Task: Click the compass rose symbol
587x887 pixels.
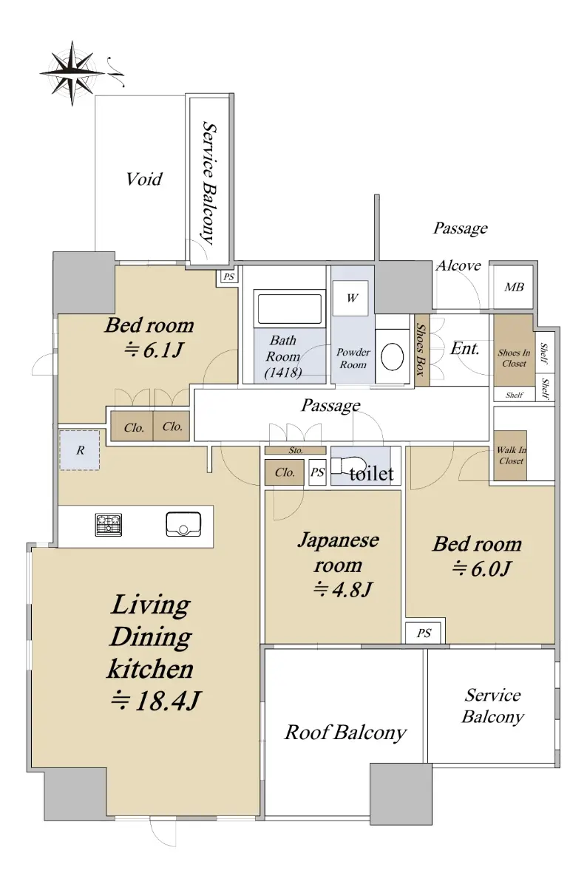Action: (72, 73)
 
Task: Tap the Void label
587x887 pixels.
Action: (144, 179)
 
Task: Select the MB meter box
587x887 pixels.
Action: (514, 287)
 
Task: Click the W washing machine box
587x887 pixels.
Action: (350, 298)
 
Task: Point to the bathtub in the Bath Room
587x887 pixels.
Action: (290, 309)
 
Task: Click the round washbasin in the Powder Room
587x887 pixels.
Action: (392, 356)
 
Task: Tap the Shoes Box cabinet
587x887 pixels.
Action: (422, 350)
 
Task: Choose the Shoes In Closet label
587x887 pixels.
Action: (514, 358)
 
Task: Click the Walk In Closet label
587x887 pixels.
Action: (511, 455)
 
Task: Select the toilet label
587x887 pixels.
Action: (372, 474)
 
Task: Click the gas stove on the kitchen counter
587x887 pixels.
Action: (109, 525)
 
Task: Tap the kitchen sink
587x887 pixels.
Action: (183, 524)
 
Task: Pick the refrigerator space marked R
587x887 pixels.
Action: (80, 450)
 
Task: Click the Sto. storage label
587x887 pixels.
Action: (296, 450)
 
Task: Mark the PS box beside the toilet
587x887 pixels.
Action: (317, 472)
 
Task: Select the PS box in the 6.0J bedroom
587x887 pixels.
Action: (424, 633)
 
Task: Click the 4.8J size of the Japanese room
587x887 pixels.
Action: (342, 590)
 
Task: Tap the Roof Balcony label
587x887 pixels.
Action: (345, 733)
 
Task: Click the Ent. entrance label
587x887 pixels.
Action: (464, 348)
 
